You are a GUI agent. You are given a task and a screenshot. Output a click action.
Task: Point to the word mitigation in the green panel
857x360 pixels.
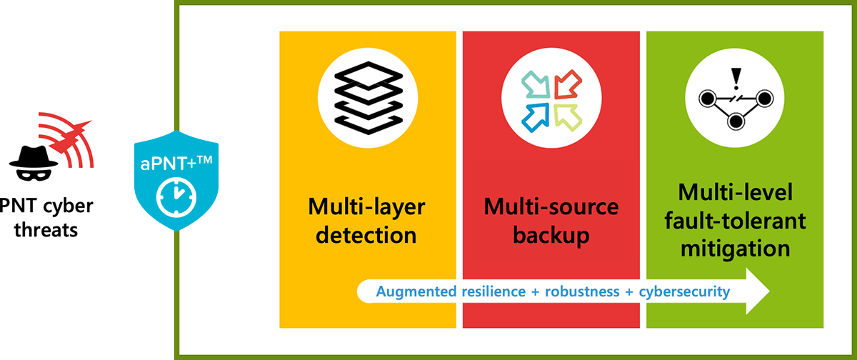pyautogui.click(x=736, y=249)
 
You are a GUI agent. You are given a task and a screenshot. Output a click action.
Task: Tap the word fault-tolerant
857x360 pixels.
pyautogui.click(x=736, y=221)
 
